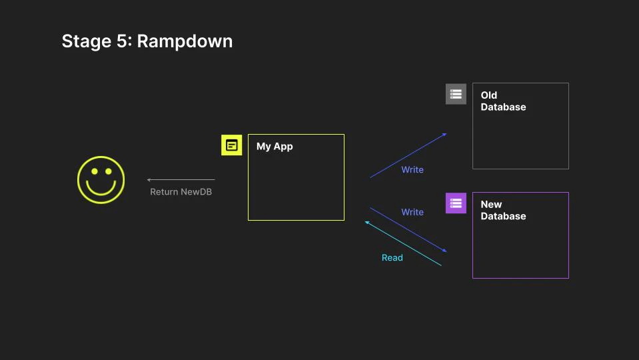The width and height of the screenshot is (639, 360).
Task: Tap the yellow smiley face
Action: [x=101, y=179]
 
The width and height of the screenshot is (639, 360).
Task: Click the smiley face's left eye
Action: [x=94, y=171]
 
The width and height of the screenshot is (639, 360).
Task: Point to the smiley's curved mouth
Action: [x=101, y=189]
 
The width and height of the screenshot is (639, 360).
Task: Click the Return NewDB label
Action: [x=181, y=192]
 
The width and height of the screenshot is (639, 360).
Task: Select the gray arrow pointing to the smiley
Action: [x=181, y=179]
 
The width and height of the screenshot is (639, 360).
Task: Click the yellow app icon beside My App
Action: [x=231, y=145]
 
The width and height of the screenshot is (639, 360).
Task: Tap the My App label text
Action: [x=275, y=147]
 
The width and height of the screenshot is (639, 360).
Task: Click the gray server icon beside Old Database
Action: [x=456, y=94]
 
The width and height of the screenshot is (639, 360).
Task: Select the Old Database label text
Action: [x=503, y=101]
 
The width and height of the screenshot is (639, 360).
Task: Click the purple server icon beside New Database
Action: [x=456, y=203]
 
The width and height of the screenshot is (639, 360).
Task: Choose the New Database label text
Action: [x=503, y=210]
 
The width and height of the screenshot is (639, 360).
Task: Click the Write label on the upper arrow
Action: [x=412, y=170]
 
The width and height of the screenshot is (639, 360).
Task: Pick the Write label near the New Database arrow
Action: [x=412, y=212]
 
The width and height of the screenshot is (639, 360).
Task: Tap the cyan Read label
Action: [x=392, y=258]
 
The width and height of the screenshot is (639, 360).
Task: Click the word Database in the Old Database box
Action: [x=503, y=107]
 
